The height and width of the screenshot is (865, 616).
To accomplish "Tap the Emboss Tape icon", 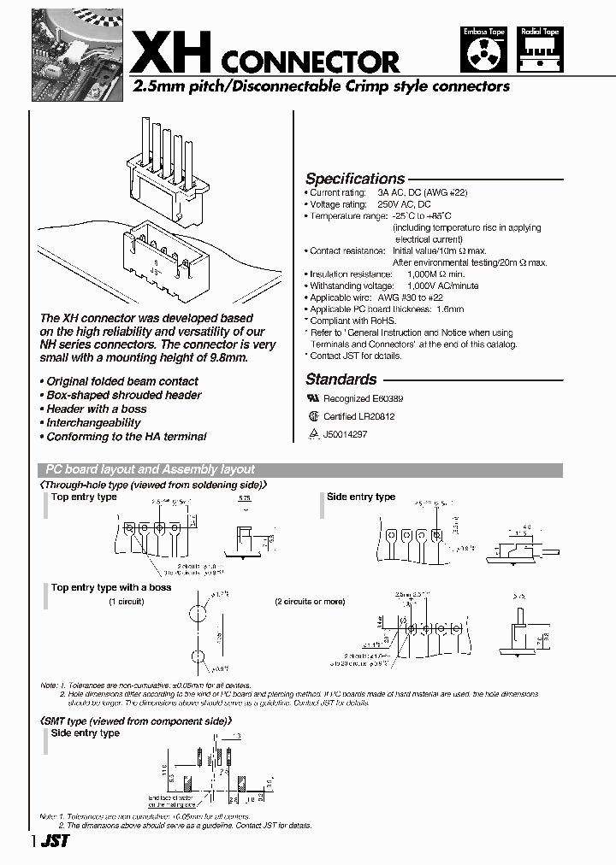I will pyautogui.click(x=484, y=50).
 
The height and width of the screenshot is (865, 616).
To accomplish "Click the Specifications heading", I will pyautogui.click(x=355, y=179).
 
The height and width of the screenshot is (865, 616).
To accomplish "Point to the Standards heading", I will pyautogui.click(x=341, y=380).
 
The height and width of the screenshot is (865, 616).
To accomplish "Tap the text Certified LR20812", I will pyautogui.click(x=358, y=416).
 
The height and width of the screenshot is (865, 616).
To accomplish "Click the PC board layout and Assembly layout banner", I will pyautogui.click(x=151, y=470).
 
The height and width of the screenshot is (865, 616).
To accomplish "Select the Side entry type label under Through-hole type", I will pyautogui.click(x=361, y=497).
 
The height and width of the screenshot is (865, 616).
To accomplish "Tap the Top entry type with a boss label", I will pyautogui.click(x=111, y=587).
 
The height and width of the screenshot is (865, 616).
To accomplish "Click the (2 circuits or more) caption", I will pyautogui.click(x=310, y=602).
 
